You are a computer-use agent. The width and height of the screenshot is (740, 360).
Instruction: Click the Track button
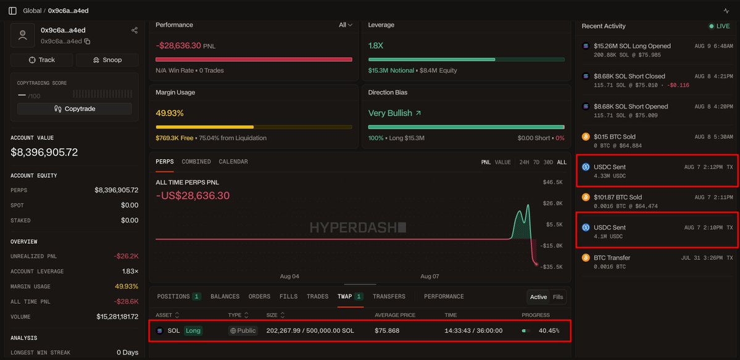click(x=41, y=60)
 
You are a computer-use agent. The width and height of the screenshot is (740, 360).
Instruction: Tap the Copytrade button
click(x=75, y=109)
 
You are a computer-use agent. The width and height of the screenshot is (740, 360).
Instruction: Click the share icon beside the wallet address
click(x=135, y=30)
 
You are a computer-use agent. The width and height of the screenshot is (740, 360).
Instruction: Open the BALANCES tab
click(x=225, y=296)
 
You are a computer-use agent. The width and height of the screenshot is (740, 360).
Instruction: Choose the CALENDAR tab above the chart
click(x=233, y=162)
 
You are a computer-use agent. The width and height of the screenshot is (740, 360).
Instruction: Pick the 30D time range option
click(x=548, y=162)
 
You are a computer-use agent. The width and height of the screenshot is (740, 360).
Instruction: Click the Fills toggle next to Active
click(x=558, y=297)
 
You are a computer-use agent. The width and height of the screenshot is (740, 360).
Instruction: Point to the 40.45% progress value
click(x=549, y=331)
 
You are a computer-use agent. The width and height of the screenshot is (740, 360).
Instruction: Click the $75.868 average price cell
click(x=387, y=331)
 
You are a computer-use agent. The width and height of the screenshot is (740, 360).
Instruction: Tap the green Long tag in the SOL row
click(x=193, y=331)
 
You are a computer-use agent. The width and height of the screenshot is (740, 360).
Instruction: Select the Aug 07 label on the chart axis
click(x=430, y=277)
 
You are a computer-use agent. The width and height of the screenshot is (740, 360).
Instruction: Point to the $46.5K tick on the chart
click(x=553, y=182)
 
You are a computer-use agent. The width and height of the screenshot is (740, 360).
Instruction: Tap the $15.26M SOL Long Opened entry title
click(x=633, y=46)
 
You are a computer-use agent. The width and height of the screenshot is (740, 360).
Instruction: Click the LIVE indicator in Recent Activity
click(x=719, y=27)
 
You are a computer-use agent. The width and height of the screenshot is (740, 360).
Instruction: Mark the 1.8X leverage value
click(x=375, y=46)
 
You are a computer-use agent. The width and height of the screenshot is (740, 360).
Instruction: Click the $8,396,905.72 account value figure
click(x=44, y=153)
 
